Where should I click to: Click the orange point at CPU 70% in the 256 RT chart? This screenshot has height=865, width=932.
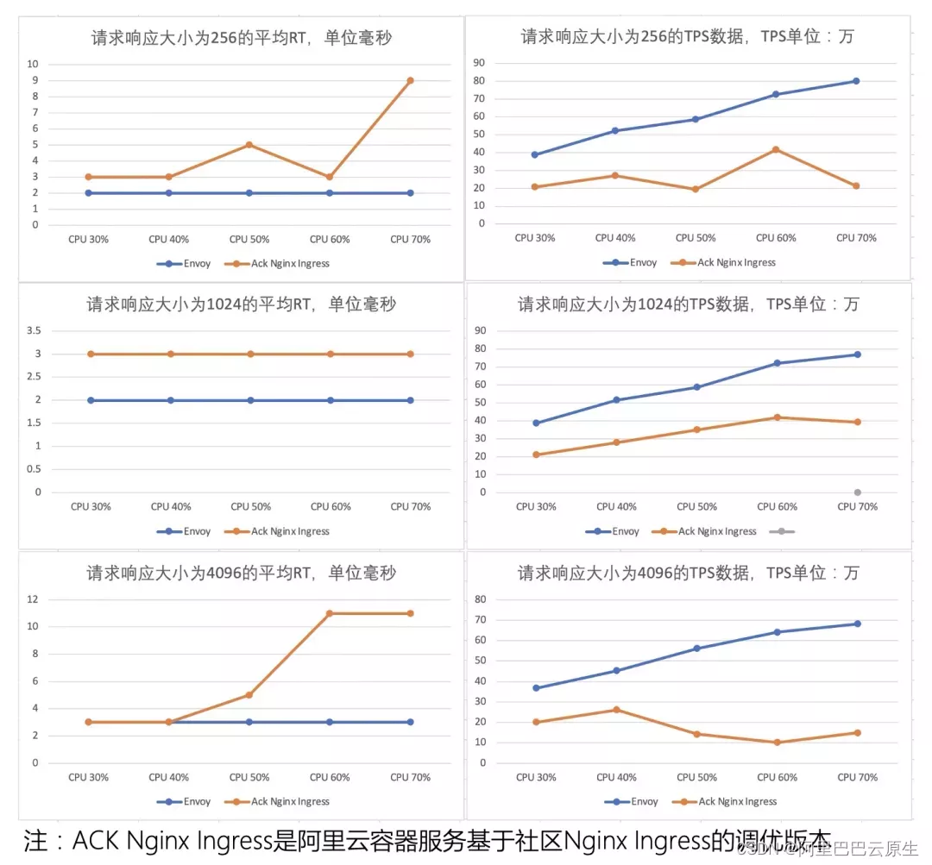pyautogui.click(x=410, y=80)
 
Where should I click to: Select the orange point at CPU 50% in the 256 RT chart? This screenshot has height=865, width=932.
pyautogui.click(x=249, y=145)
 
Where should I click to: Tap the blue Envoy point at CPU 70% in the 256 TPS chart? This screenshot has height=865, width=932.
pyautogui.click(x=856, y=81)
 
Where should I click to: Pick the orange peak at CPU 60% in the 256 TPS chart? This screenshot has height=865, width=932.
pyautogui.click(x=776, y=149)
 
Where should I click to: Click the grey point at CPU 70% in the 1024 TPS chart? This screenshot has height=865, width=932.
pyautogui.click(x=858, y=492)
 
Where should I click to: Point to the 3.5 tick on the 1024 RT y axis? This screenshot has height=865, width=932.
pyautogui.click(x=34, y=330)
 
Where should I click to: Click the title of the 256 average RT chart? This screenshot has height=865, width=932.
pyautogui.click(x=241, y=37)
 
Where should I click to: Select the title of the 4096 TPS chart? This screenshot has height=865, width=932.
pyautogui.click(x=688, y=573)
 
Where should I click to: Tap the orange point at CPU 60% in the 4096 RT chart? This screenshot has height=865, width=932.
pyautogui.click(x=330, y=613)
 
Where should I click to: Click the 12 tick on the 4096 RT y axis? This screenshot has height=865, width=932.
pyautogui.click(x=34, y=599)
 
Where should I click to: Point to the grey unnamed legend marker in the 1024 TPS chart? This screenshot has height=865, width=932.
pyautogui.click(x=781, y=531)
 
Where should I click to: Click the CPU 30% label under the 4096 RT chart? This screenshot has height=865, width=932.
pyautogui.click(x=88, y=777)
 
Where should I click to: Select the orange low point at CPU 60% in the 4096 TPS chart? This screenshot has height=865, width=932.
pyautogui.click(x=777, y=743)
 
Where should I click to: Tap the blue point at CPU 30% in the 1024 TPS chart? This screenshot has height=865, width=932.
pyautogui.click(x=536, y=423)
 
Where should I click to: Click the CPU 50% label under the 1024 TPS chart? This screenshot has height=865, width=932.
pyautogui.click(x=696, y=506)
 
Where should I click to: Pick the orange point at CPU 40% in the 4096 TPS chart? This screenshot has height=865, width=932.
pyautogui.click(x=616, y=710)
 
